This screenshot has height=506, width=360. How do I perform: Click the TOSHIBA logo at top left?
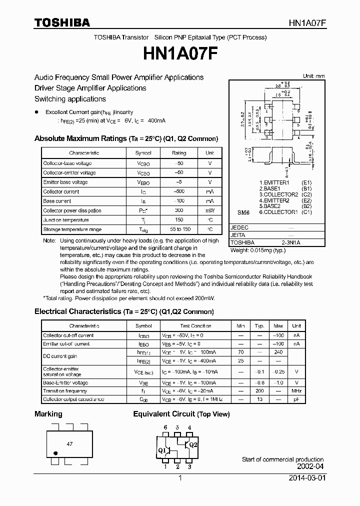62,22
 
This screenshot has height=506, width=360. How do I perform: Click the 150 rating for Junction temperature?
178,220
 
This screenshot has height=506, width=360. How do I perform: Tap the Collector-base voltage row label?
67,163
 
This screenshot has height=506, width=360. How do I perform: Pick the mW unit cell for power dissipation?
209,210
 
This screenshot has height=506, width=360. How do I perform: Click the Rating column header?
178,153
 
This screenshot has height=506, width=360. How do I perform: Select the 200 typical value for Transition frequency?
259,390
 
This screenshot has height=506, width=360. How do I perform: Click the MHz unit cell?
296,390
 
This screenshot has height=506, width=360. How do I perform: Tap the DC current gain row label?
60,356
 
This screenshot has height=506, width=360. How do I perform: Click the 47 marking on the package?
69,443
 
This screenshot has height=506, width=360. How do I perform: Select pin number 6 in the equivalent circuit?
165,427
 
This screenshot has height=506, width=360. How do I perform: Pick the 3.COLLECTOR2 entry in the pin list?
278,194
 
